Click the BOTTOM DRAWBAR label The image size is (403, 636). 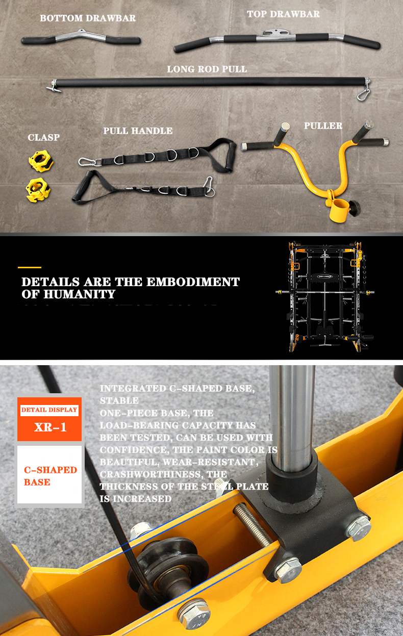coord(88,18)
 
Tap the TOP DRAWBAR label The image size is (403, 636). coord(283,14)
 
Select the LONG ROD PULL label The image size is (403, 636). coord(207,69)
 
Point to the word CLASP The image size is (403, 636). coord(44,137)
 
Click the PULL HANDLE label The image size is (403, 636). coord(138,131)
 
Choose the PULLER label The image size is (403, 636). coord(323,126)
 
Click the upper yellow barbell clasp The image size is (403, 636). coord(41,161)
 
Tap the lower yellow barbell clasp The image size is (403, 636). coord(38,190)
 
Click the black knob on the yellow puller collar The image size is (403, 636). coord(355,209)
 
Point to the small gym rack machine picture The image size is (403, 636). coord(325,296)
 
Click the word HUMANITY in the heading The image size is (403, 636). coord(80,294)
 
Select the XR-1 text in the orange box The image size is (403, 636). coord(51,427)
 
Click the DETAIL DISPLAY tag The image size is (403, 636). coord(49,410)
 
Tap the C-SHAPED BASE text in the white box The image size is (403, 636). coord(51,476)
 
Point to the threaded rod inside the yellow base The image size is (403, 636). coord(251,525)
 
